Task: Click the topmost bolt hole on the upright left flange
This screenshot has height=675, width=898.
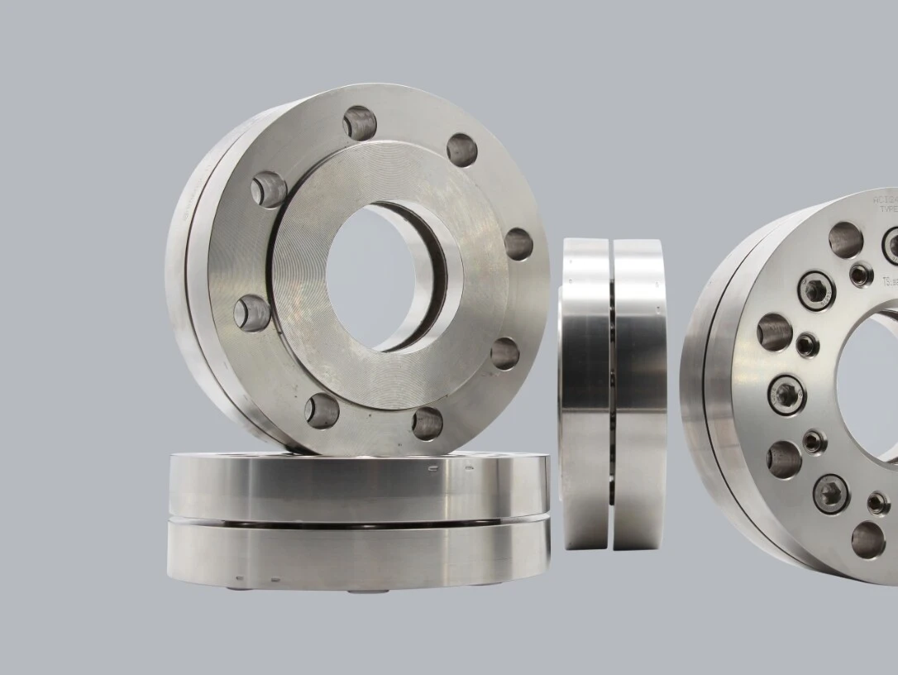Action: pos(360,122)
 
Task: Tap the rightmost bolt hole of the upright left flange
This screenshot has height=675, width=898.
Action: pos(518,244)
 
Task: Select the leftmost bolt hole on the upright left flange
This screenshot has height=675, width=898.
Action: pos(252,314)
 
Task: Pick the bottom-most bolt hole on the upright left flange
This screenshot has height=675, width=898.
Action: pos(427,423)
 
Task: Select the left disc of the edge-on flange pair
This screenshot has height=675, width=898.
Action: pos(585,393)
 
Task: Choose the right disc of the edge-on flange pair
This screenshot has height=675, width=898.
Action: pos(639,393)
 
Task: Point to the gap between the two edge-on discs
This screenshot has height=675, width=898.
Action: pos(612,393)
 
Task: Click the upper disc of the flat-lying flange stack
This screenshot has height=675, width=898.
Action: pos(357,486)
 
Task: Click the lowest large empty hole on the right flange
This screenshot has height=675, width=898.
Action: pos(867,539)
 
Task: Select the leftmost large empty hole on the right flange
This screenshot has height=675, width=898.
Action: pos(775,332)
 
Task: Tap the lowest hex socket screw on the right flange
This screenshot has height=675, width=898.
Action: pos(830,492)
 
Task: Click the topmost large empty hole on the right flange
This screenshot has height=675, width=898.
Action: pos(845,239)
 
